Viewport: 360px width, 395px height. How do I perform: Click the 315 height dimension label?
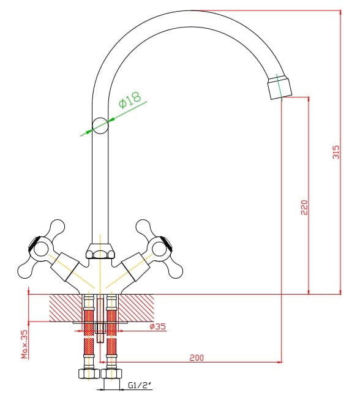click(336, 152)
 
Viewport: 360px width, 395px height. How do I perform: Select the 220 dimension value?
click(304, 208)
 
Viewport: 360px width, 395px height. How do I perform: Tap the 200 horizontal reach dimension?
click(197, 358)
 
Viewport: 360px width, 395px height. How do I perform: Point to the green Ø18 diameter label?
click(130, 100)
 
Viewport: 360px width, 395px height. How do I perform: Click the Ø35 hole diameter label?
click(158, 326)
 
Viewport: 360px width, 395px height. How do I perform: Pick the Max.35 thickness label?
click(24, 344)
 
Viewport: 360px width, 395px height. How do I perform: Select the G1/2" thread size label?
click(140, 385)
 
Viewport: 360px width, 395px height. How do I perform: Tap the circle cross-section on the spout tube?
click(100, 126)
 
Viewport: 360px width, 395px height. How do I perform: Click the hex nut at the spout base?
click(100, 251)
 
